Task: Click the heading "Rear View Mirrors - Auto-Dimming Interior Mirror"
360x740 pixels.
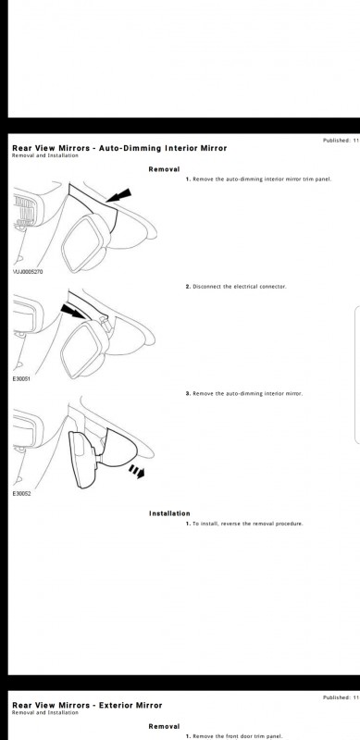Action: [118, 148]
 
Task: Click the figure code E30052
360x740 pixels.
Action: [23, 494]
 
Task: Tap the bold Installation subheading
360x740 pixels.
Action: [169, 513]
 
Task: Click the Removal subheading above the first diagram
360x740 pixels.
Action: [163, 169]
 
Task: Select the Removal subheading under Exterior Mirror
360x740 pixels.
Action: [163, 726]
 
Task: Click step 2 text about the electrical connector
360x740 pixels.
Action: [236, 287]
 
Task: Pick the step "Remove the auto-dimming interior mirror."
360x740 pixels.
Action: [243, 393]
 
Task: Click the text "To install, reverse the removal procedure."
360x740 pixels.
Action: [244, 524]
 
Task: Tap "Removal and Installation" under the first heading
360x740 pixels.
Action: [44, 155]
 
